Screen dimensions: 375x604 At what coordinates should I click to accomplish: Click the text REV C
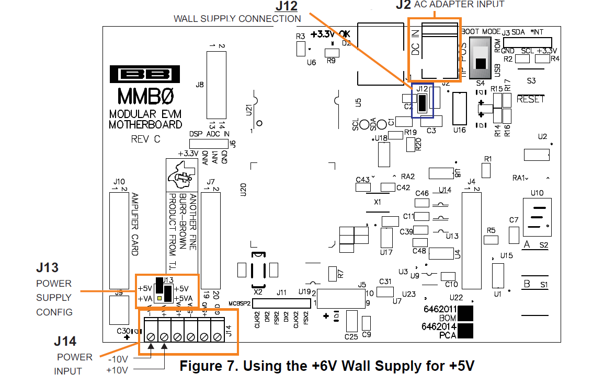(146, 139)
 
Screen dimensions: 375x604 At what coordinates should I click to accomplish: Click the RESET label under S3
(530, 99)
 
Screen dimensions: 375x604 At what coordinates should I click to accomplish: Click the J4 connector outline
(471, 240)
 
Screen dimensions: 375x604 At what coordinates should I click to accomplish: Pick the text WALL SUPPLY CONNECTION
(237, 19)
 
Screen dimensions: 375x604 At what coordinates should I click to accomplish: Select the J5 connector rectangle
(341, 298)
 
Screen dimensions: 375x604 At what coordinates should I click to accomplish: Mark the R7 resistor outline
(332, 274)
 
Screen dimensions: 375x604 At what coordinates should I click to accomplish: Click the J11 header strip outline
(282, 303)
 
